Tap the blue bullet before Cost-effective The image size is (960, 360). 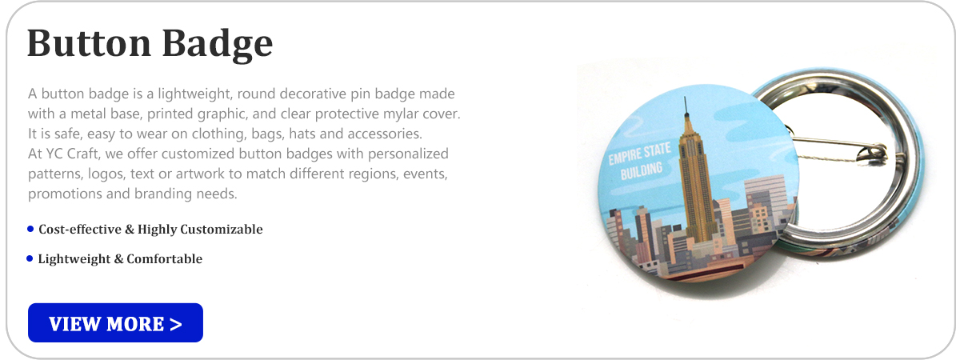point(30,230)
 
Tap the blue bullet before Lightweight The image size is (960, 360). point(30,258)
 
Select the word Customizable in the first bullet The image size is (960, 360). point(222,230)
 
